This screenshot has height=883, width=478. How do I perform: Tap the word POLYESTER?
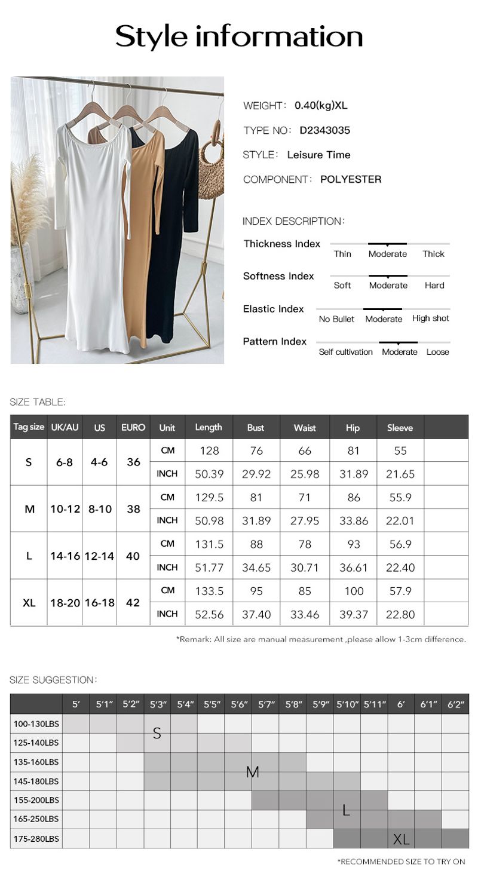pos(351,179)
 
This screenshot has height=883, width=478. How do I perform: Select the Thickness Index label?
pos(281,244)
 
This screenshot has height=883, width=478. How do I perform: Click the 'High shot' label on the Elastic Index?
pos(430,318)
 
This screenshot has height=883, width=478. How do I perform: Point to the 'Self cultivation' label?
pos(345,352)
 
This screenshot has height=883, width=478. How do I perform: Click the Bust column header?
pos(256,428)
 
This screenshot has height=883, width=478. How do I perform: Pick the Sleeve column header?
pos(400,428)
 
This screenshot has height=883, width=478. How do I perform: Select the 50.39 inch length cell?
pos(209,474)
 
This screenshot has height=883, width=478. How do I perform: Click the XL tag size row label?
pos(29,602)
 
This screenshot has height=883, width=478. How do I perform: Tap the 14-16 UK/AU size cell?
pos(65,556)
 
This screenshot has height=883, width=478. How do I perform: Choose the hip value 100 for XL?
pos(354,591)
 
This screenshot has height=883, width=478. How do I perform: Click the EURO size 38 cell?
pos(133,509)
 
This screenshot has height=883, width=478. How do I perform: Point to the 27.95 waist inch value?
pos(305,521)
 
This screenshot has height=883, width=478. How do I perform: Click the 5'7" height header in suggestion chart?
pos(266,704)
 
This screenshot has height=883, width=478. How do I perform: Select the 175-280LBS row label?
pos(36,838)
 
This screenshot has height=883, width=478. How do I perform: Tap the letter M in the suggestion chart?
pos(252,772)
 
